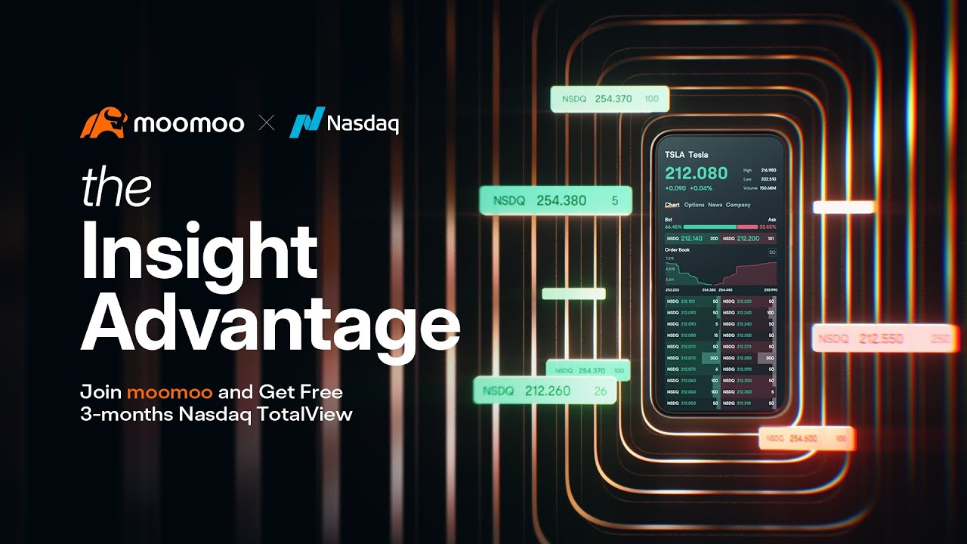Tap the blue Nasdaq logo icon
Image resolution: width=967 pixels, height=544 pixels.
coord(306,122)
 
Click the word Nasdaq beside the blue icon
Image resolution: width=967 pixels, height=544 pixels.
coord(363,124)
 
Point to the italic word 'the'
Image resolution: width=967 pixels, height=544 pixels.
coord(116,188)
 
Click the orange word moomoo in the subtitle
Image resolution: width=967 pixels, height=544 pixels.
coord(172,392)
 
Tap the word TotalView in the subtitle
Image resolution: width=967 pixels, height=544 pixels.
coord(311,414)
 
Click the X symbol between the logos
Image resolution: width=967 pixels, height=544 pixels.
coord(267,122)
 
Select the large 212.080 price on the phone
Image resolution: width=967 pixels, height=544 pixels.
coord(696,173)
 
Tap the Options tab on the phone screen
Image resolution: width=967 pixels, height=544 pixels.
coord(694,205)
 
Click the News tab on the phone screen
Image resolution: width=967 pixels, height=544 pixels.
coord(715,205)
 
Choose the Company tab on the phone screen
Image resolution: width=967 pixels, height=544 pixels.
coord(738,205)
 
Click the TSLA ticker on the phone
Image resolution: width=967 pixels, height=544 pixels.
coord(674,155)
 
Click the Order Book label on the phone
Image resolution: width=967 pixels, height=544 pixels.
coord(677,249)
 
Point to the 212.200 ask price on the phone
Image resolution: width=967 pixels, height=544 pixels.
coord(748,239)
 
